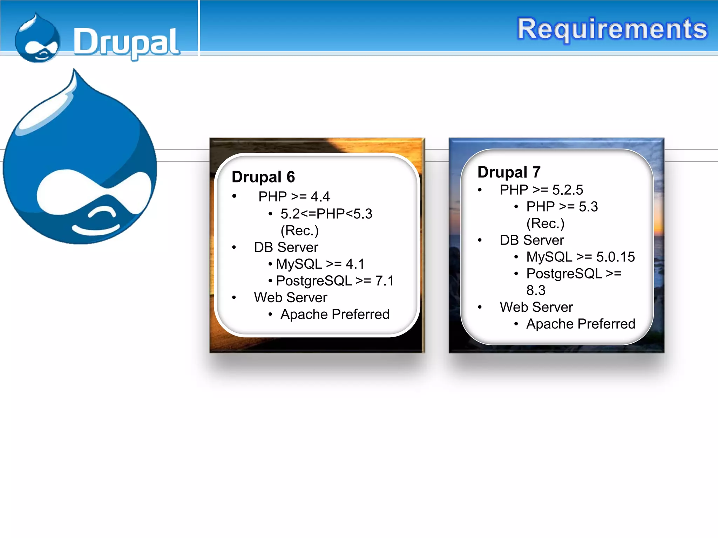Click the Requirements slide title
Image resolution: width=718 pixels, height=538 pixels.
[612, 29]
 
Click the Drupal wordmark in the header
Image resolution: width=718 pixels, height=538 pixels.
[126, 42]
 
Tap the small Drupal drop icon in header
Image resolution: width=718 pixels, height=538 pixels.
[37, 39]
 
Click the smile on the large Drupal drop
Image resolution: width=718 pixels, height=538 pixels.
[96, 228]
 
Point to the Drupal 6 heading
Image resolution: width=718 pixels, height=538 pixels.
[263, 177]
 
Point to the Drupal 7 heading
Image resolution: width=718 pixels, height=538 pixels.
[509, 172]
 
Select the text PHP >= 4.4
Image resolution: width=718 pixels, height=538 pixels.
[294, 197]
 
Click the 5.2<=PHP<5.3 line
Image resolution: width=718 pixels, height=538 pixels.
[326, 214]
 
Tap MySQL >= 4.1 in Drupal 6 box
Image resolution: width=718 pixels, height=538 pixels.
[320, 264]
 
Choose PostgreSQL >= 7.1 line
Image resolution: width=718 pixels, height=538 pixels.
[335, 281]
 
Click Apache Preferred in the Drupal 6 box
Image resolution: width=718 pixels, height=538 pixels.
[335, 315]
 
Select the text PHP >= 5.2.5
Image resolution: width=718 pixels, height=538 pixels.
[541, 190]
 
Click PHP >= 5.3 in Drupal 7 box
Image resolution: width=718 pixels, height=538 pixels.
[562, 207]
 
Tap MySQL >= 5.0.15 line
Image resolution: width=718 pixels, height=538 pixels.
[580, 257]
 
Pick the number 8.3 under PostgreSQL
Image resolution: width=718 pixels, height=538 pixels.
[536, 290]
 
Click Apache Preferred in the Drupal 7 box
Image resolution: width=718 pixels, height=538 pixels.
[580, 324]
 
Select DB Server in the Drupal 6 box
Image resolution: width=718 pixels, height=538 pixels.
[286, 247]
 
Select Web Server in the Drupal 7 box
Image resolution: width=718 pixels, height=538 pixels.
[536, 307]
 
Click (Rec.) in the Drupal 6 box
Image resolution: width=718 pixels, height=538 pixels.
[299, 230]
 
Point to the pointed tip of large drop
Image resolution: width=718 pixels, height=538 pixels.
[74, 72]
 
